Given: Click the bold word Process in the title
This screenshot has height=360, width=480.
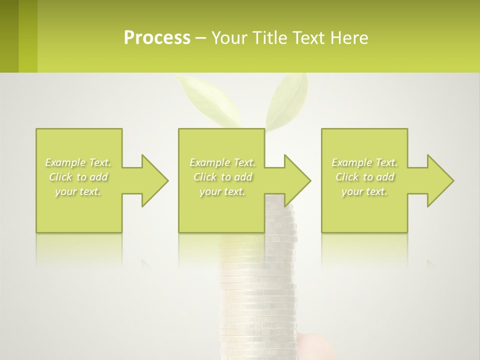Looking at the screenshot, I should [x=157, y=38].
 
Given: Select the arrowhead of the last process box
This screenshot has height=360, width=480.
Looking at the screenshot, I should [x=439, y=180].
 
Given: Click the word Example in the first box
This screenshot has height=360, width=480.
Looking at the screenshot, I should [x=65, y=162].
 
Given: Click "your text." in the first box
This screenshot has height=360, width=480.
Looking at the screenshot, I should [x=78, y=191].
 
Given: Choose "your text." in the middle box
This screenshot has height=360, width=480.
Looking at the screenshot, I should [x=222, y=191].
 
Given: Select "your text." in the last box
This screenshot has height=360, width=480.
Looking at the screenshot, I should [x=364, y=191].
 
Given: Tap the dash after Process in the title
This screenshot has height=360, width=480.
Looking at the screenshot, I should [x=201, y=38].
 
